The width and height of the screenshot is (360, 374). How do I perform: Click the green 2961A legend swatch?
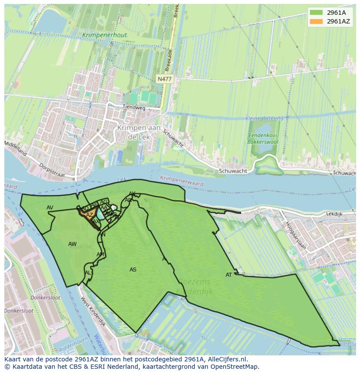tap(316, 13)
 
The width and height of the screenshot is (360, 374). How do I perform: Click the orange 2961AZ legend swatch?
tap(316, 21)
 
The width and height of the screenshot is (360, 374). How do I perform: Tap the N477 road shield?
tap(164, 79)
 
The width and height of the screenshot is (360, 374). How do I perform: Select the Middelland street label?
tap(16, 148)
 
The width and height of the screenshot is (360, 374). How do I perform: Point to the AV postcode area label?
tap(50, 208)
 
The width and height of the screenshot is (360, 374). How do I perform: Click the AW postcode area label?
tap(72, 244)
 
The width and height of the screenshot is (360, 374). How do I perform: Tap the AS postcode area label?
tap(133, 270)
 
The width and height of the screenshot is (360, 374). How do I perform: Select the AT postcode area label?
tap(229, 275)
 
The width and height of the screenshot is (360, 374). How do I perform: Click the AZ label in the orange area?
tap(90, 215)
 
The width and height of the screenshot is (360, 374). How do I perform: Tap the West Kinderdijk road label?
tap(93, 312)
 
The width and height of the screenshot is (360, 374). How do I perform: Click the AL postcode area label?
tap(88, 273)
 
